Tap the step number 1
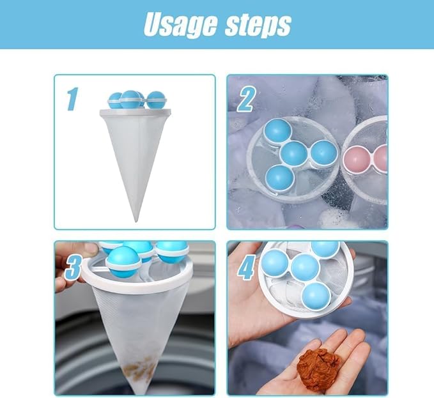[x=72, y=99]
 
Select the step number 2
[x=246, y=99]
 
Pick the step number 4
[x=245, y=266]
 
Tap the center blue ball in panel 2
[x=294, y=154]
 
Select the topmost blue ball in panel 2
[x=279, y=131]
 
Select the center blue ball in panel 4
[x=305, y=267]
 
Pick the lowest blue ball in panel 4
[x=316, y=295]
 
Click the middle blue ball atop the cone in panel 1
[x=131, y=99]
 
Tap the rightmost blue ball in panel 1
[x=155, y=100]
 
